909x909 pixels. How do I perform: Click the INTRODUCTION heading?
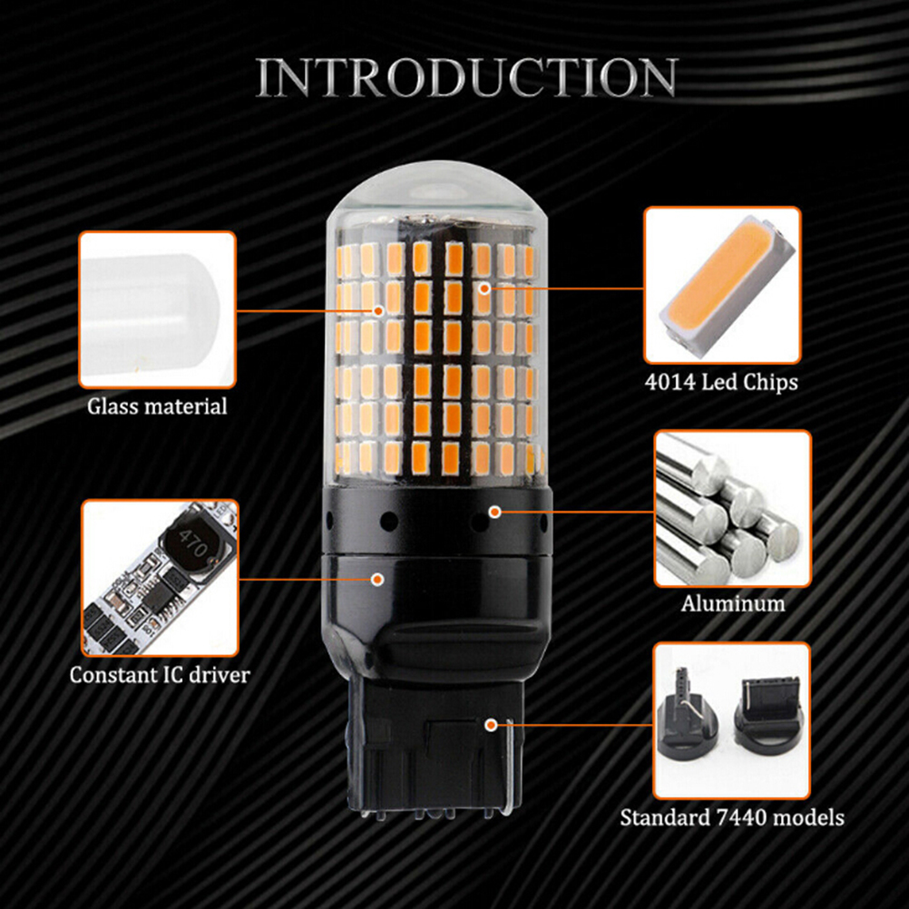[x=466, y=78]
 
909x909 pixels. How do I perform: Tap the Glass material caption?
[x=157, y=406]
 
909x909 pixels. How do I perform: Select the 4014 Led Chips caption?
[x=721, y=383]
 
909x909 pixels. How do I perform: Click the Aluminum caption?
[x=733, y=603]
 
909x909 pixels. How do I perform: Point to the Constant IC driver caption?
[x=160, y=675]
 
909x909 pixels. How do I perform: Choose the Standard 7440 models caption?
[x=731, y=818]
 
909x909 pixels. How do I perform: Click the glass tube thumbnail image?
[x=157, y=309]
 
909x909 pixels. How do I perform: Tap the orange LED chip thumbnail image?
[x=722, y=285]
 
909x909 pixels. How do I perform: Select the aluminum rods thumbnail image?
[x=733, y=508]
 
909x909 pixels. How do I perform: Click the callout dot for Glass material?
[x=378, y=311]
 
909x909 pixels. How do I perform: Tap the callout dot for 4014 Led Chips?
[x=484, y=288]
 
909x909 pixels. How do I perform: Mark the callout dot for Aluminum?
[x=494, y=512]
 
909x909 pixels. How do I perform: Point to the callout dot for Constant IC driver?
[x=377, y=579]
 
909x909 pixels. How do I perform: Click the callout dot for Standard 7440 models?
[x=491, y=725]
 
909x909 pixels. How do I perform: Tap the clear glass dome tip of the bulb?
[x=436, y=191]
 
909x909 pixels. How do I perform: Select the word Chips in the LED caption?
[x=771, y=383]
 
